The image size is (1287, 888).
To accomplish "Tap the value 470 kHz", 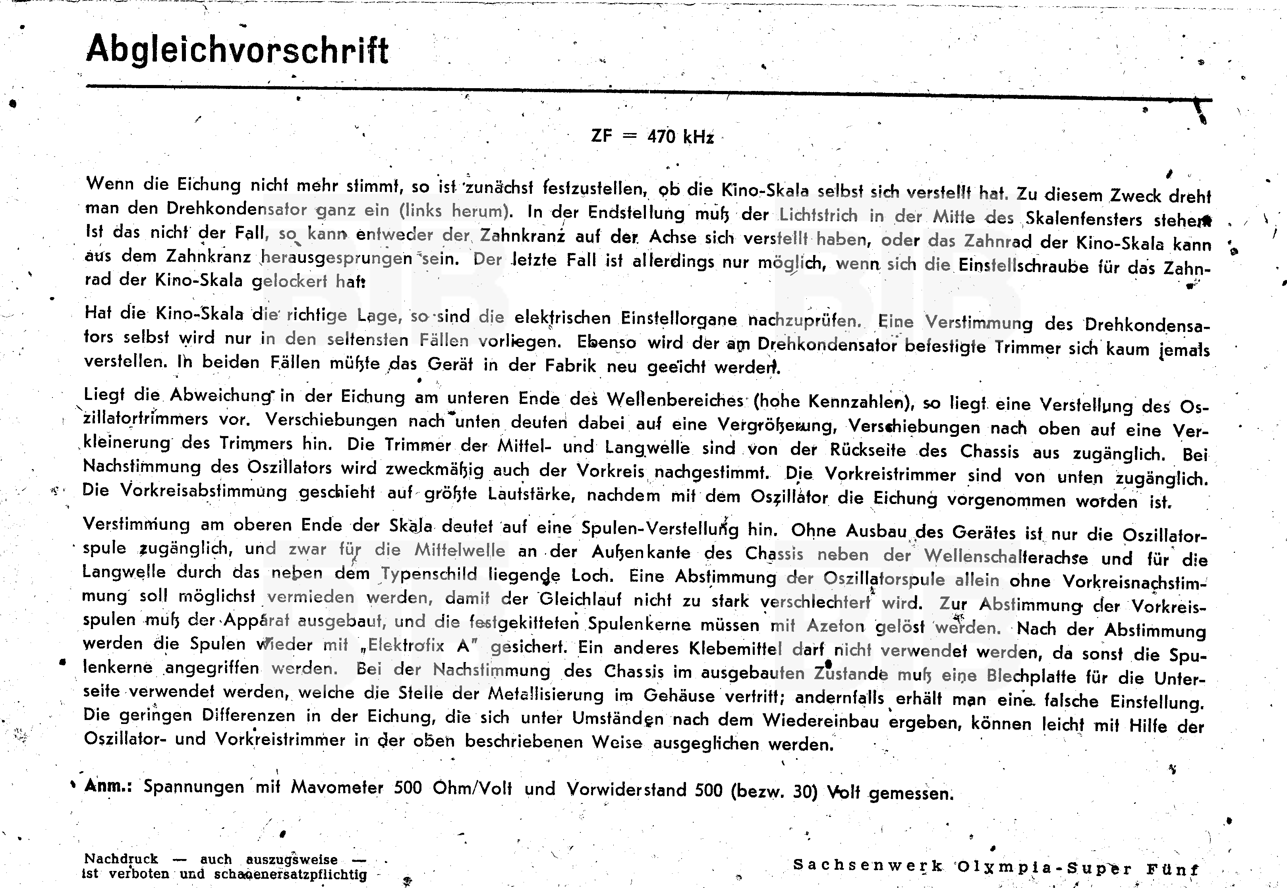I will point(680,136).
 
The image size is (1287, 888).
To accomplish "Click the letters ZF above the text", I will point(601,135).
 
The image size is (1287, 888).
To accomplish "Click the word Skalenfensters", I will point(1083,219).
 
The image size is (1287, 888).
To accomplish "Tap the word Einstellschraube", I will point(1023,266).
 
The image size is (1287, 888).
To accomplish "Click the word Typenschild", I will point(429,573).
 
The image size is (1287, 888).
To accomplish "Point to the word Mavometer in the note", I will point(337,787).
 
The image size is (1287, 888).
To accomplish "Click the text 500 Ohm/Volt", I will point(452,788).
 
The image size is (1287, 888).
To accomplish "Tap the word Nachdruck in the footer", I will point(121,859).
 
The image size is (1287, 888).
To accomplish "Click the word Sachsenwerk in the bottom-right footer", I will point(868,865).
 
